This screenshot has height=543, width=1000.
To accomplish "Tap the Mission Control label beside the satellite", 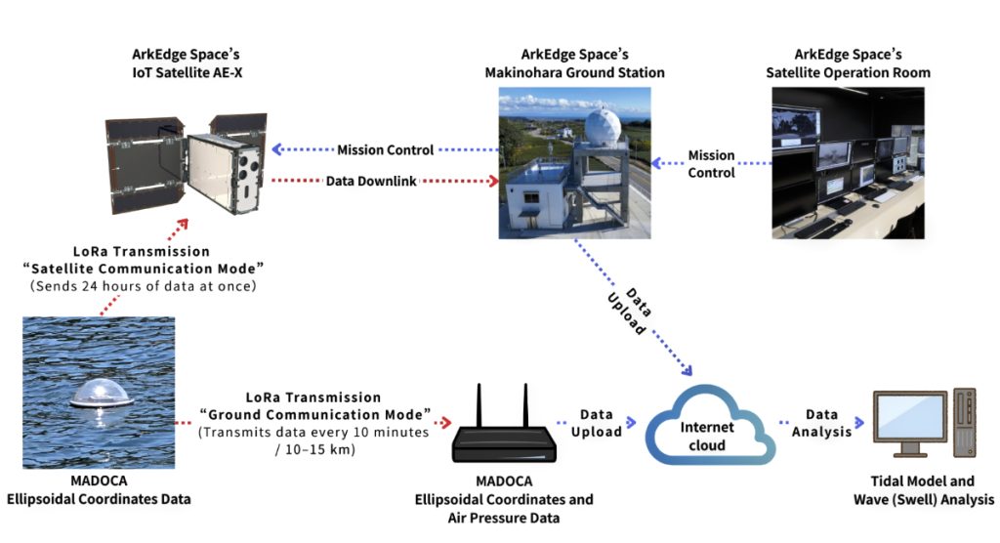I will coord(386,150).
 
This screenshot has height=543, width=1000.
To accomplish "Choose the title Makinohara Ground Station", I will coord(574,72).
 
